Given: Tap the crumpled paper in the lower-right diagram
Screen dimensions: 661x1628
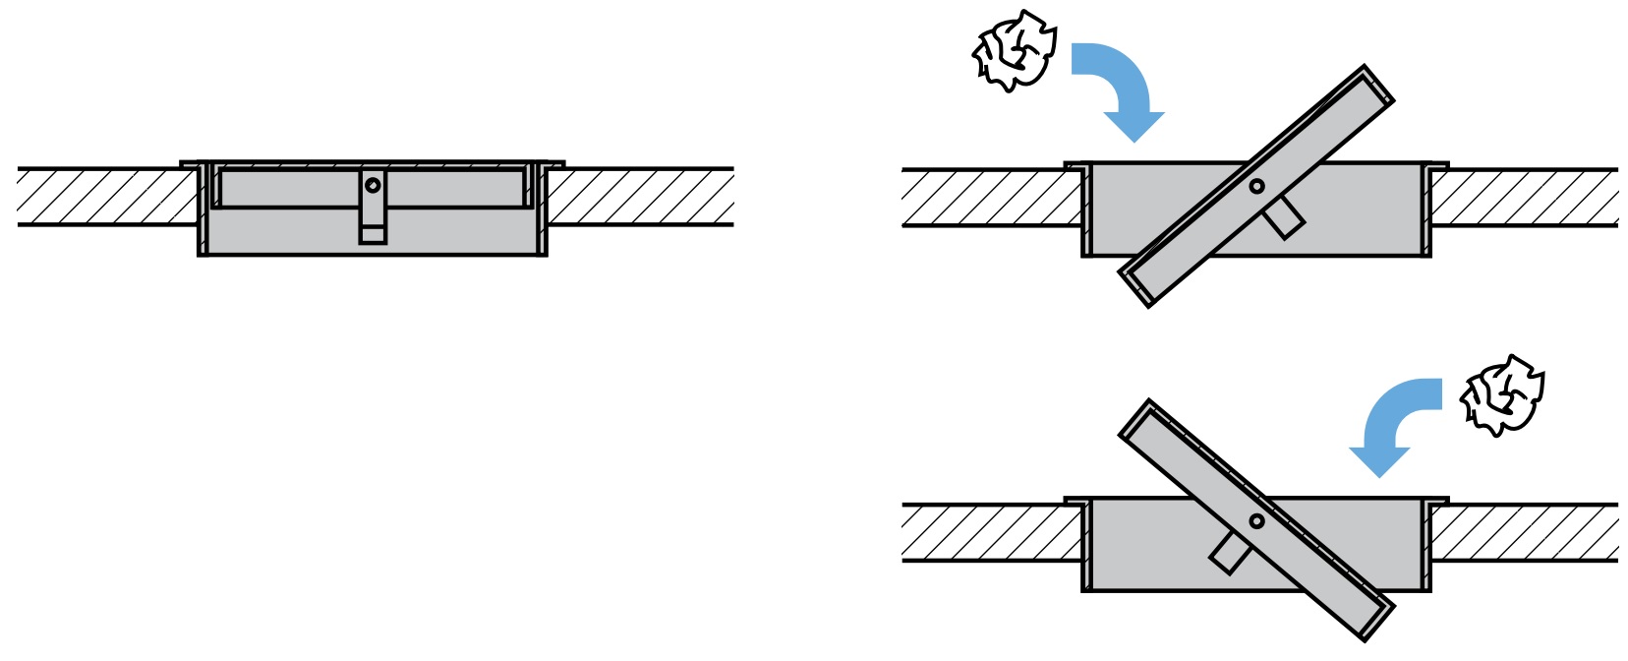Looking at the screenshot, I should click(x=1501, y=394).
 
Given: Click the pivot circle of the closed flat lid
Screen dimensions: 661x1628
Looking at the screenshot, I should click(x=373, y=185).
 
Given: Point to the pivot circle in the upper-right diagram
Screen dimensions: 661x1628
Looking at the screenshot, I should click(x=1256, y=186).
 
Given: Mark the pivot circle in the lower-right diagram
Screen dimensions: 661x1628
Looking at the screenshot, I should click(x=1256, y=521).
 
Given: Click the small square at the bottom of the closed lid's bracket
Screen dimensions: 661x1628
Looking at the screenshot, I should click(x=373, y=234).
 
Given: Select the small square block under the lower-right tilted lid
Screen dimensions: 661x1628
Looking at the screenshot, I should click(x=1230, y=553).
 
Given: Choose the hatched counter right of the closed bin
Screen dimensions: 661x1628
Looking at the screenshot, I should click(x=640, y=197).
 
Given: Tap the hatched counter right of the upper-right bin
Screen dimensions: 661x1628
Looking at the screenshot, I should click(x=1524, y=198).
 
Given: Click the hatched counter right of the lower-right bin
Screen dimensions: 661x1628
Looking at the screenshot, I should click(x=1524, y=532).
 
